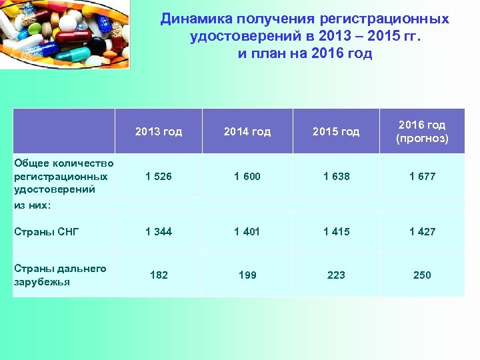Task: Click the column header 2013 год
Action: (x=159, y=131)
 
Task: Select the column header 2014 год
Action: (x=247, y=131)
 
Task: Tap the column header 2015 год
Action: (x=336, y=131)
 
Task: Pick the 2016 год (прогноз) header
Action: (x=422, y=132)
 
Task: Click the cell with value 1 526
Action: (x=159, y=177)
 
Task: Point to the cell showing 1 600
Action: (x=247, y=177)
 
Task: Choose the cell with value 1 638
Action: (x=336, y=177)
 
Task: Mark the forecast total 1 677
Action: (x=422, y=177)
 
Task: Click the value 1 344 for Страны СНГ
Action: (x=159, y=231)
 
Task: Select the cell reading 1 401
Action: (x=247, y=231)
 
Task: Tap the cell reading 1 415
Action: (x=336, y=231)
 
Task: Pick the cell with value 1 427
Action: (x=422, y=231)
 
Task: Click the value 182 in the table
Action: (x=159, y=275)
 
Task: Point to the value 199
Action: (x=247, y=275)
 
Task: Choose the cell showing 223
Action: (x=336, y=275)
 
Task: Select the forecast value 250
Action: (x=422, y=275)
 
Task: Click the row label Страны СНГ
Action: (x=47, y=231)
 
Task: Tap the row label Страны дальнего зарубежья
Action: (x=60, y=275)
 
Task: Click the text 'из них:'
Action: (x=32, y=205)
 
